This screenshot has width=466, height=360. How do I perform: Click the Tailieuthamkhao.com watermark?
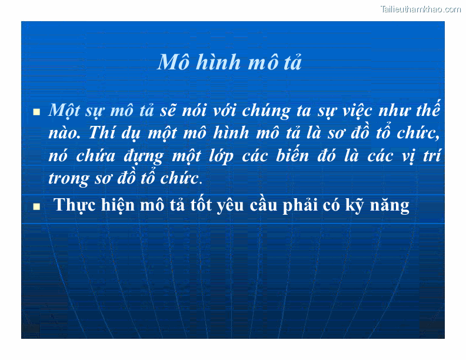click(420, 9)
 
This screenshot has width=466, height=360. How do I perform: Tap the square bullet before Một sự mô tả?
click(36, 111)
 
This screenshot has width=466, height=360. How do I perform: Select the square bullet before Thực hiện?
click(36, 206)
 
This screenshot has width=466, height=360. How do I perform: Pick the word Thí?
click(101, 134)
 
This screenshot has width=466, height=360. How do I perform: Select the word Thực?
click(72, 205)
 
